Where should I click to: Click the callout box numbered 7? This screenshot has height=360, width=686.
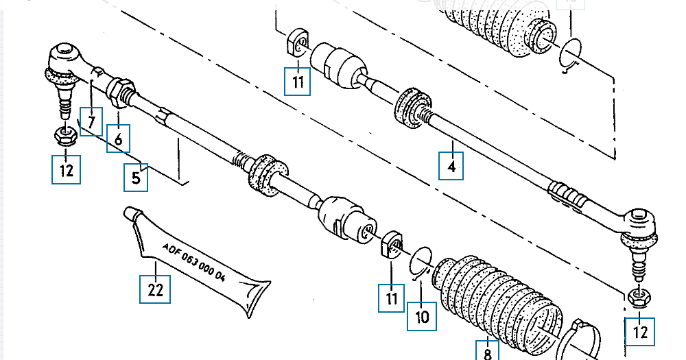[91, 121]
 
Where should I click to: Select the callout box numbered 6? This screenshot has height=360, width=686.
[119, 140]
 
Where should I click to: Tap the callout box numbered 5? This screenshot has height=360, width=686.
[136, 178]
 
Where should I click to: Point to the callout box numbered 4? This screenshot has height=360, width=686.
[451, 165]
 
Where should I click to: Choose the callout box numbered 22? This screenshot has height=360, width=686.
[155, 289]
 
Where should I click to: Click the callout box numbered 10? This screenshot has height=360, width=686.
[422, 316]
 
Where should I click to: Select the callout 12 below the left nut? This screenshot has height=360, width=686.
[67, 169]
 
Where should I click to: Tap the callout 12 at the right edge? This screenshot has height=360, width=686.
[640, 332]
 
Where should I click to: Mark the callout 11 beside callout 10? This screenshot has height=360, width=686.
[392, 298]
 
